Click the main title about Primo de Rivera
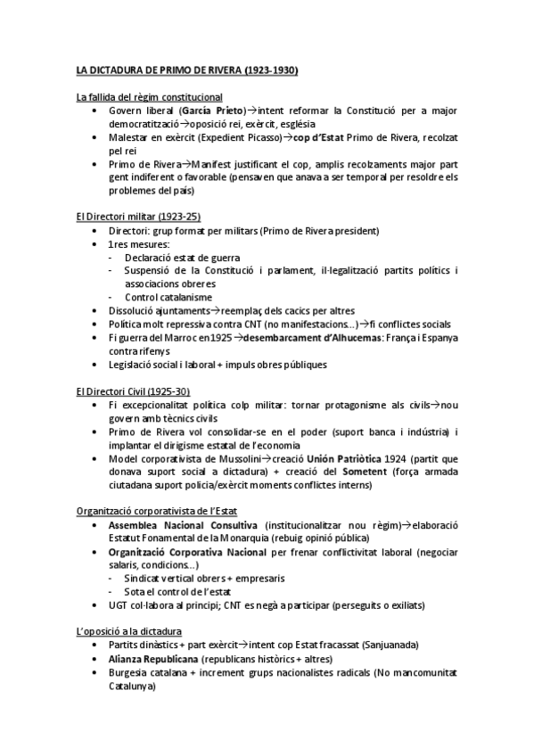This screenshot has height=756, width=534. click(186, 69)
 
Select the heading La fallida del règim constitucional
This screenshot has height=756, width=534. click(150, 96)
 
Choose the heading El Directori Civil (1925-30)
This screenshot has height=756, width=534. click(133, 391)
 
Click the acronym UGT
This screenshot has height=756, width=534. click(118, 604)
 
